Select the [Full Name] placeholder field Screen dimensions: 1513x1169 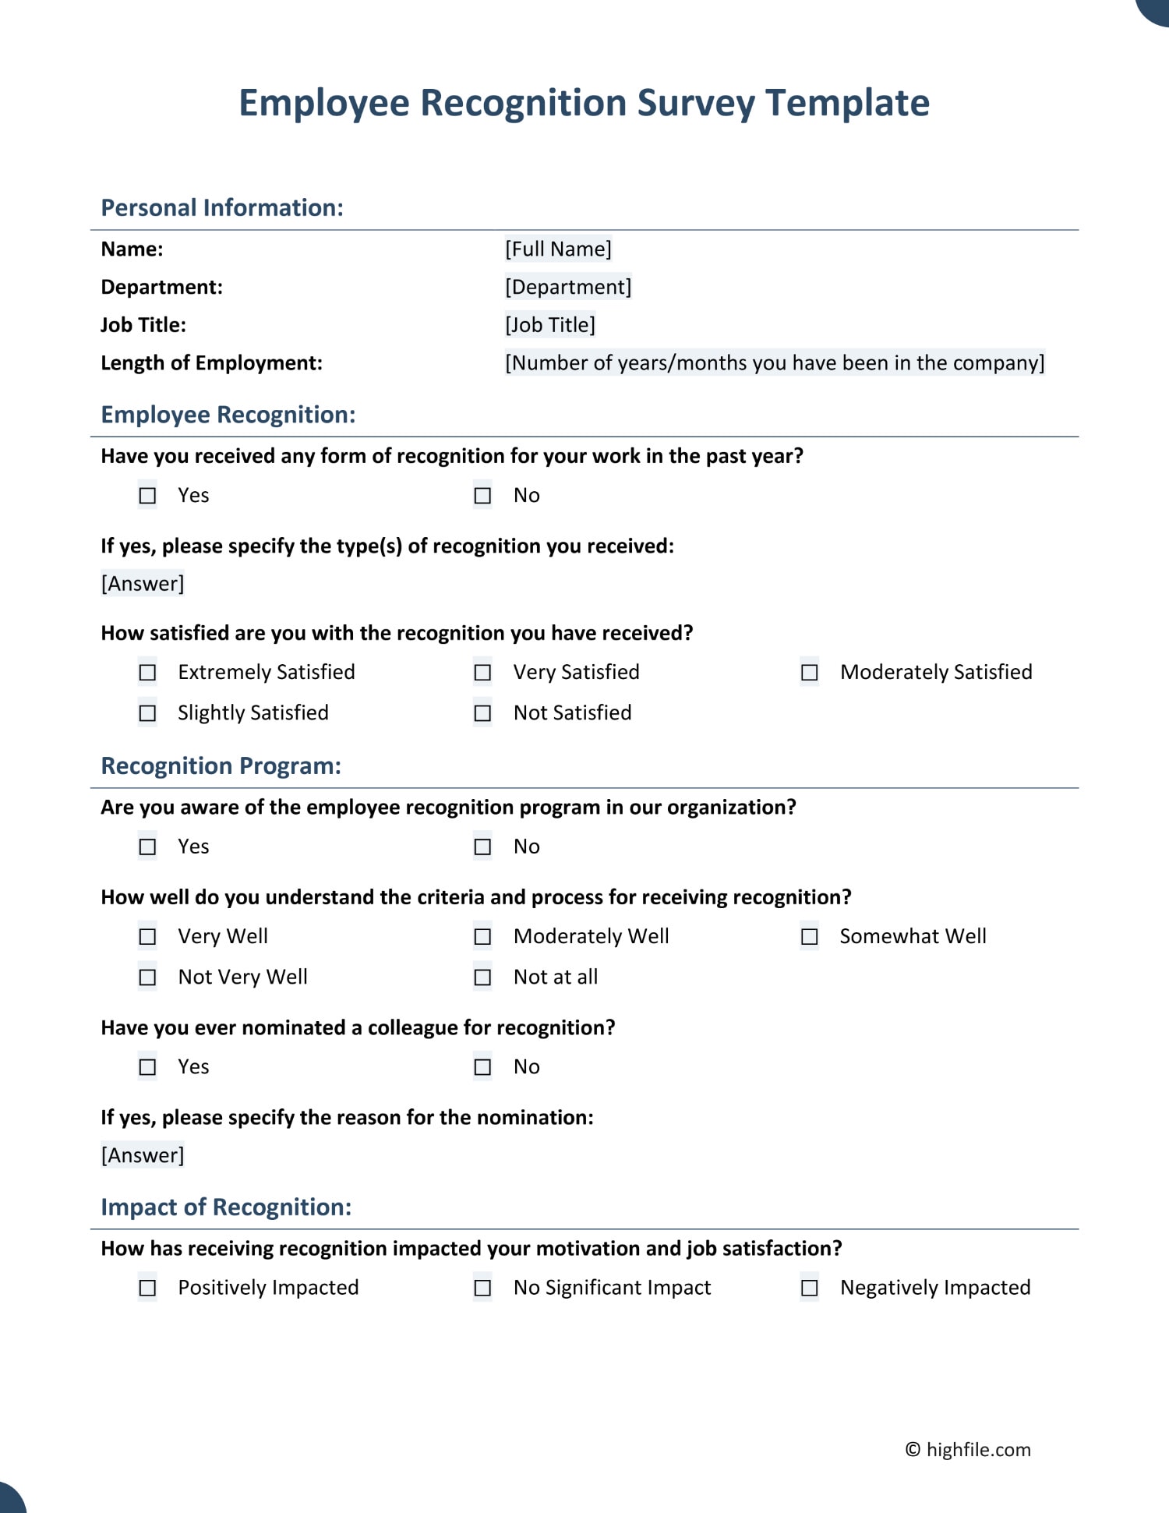[558, 249]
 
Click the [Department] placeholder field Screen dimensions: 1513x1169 [568, 287]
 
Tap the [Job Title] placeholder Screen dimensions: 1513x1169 [550, 324]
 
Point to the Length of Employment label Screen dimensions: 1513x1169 [211, 362]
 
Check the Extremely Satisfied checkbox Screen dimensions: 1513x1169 [147, 672]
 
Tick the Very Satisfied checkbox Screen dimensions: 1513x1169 [483, 672]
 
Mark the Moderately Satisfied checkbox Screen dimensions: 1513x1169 [810, 672]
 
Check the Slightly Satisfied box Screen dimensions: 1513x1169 [147, 712]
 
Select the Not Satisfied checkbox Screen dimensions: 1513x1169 [483, 712]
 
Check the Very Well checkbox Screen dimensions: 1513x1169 [147, 936]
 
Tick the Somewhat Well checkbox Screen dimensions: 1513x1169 [810, 936]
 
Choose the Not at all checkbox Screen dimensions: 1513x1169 [483, 977]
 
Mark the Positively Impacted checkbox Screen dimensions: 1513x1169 [147, 1288]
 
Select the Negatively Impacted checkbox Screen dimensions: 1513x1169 [810, 1288]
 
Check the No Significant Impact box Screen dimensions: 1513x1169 [483, 1288]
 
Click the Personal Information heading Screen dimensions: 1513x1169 [222, 207]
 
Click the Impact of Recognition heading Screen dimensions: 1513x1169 [226, 1207]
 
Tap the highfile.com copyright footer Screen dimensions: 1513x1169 [967, 1450]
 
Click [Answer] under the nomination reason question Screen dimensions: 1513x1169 [143, 1155]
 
